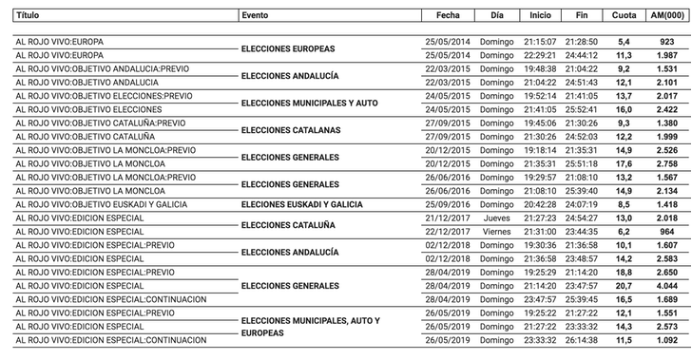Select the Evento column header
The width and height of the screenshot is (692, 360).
(x=255, y=16)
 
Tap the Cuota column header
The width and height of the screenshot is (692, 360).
(x=625, y=16)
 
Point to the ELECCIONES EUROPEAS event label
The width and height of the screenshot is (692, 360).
(x=289, y=48)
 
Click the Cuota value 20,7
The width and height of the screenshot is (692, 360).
(x=625, y=286)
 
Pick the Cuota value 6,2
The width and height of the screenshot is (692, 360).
(x=625, y=232)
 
